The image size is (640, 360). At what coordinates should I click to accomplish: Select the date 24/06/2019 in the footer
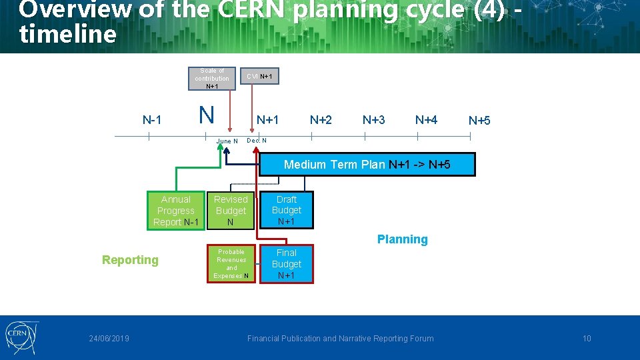point(109,339)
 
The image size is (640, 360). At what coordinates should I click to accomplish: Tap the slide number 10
point(587,339)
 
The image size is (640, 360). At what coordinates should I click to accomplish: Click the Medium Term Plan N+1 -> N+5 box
point(367,165)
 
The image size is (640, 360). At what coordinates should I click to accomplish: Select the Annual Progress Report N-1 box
point(176,211)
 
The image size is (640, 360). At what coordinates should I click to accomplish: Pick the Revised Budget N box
point(231,211)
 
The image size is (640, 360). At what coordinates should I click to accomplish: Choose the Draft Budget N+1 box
point(286,211)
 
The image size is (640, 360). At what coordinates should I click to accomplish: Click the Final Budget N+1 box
point(286,264)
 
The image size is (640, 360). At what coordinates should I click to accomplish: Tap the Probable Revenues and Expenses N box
point(231,264)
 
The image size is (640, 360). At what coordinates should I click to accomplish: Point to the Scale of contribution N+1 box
point(211,78)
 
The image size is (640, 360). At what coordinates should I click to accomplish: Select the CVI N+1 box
point(259,77)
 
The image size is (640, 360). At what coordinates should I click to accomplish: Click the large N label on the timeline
point(207,115)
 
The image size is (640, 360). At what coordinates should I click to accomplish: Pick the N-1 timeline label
point(152,120)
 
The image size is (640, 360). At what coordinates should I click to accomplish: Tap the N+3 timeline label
point(373,120)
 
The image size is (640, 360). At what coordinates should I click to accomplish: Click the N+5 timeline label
point(479,121)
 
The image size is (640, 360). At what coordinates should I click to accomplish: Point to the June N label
point(227,141)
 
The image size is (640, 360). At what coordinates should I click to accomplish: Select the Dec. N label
point(257,141)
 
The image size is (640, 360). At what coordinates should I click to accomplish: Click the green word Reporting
point(130,260)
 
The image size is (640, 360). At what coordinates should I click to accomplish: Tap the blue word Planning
point(402,239)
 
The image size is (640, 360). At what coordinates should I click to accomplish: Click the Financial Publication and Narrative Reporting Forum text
point(340,339)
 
